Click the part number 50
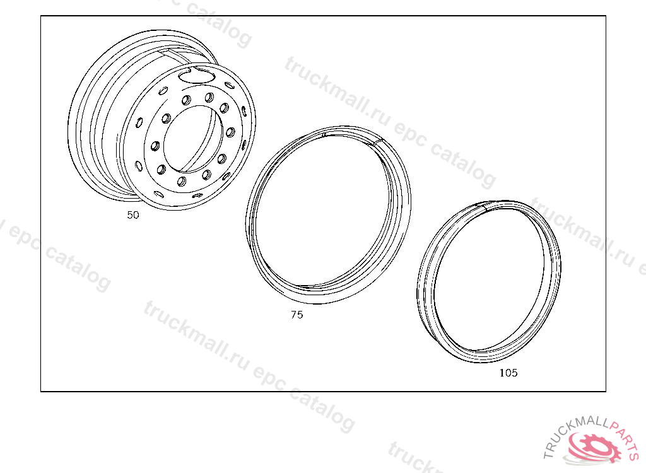[133, 214]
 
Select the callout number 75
[297, 315]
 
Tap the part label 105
[508, 373]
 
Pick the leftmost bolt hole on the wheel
[155, 146]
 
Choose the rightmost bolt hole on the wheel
[230, 132]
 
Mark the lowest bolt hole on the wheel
[181, 181]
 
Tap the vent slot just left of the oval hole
[163, 91]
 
